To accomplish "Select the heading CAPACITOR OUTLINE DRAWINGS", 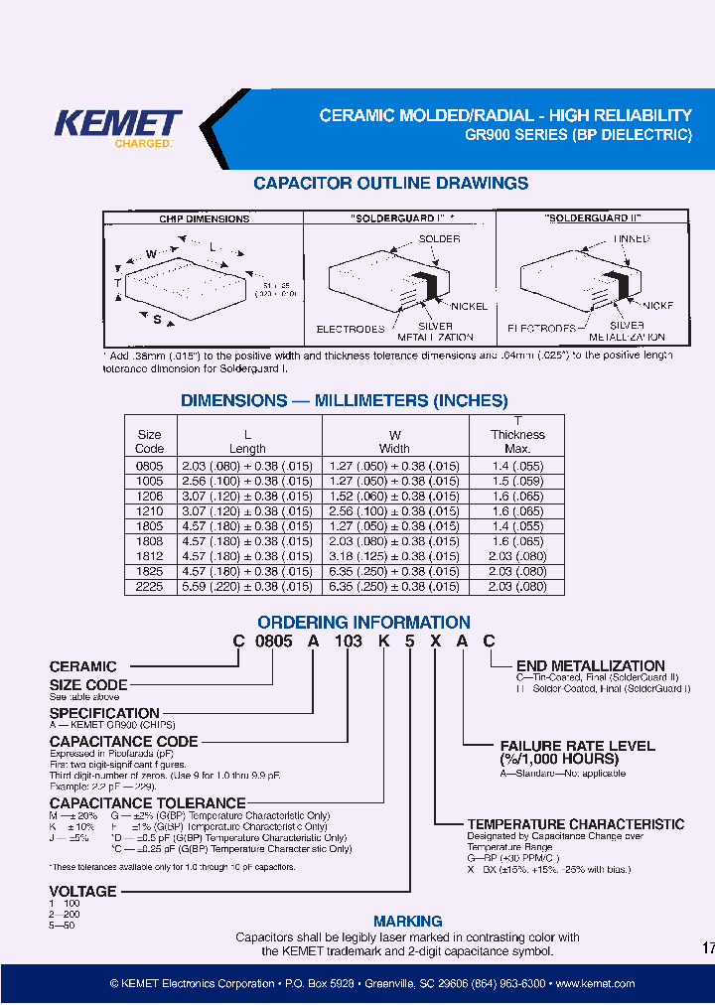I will tap(390, 184).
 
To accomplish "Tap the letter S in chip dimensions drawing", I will tap(157, 319).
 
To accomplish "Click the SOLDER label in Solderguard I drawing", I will tap(439, 239).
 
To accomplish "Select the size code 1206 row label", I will tap(149, 495).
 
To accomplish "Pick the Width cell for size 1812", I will tap(394, 557).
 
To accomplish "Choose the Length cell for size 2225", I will tap(247, 587).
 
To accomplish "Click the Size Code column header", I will tap(149, 441).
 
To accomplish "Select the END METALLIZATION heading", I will tap(590, 666).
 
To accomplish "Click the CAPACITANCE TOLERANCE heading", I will tap(147, 802).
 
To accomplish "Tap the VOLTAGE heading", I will tap(83, 891).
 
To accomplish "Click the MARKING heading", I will tap(407, 921).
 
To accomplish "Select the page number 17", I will tap(707, 948).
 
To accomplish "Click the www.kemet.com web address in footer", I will tap(595, 983).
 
